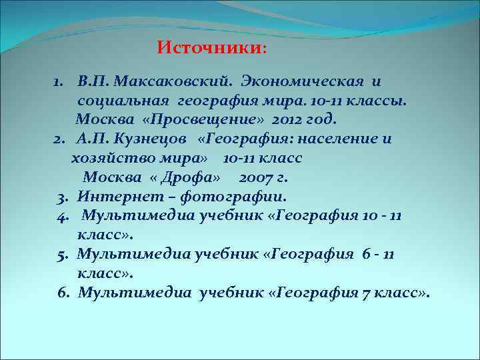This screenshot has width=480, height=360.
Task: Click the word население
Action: (x=345, y=139)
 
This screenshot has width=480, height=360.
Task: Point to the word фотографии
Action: (x=240, y=197)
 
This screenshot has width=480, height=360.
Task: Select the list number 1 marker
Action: (x=59, y=81)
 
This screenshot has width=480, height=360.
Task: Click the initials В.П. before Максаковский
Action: (x=93, y=81)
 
